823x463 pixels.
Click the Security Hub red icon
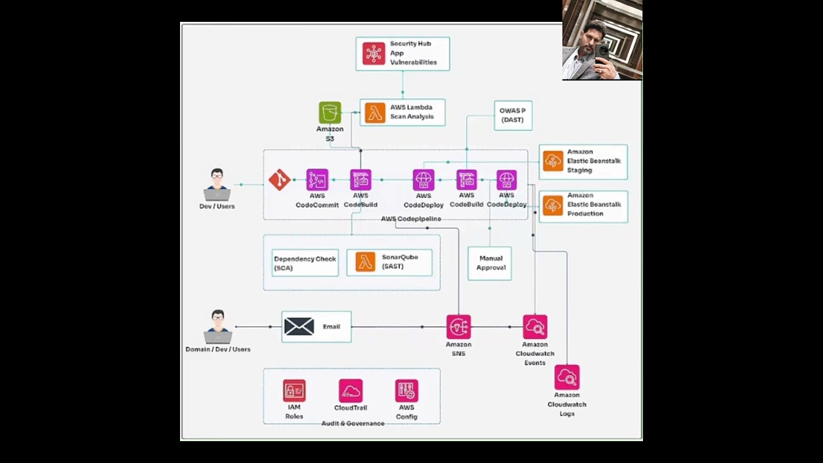[374, 53]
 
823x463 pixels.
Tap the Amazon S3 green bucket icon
[330, 113]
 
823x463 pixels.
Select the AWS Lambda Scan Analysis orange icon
[375, 113]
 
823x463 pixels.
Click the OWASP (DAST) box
[512, 116]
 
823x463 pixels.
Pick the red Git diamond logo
[279, 180]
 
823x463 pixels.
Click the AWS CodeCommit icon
[317, 180]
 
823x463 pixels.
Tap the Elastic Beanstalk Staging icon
[553, 161]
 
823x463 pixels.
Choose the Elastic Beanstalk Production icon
[553, 205]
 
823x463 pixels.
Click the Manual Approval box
[490, 263]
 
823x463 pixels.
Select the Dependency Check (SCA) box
[305, 263]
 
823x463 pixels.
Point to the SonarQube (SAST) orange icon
[365, 262]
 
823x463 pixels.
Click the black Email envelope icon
[299, 327]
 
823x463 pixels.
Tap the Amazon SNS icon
[458, 327]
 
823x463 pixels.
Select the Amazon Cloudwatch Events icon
[535, 327]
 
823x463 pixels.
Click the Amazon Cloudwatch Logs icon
[567, 377]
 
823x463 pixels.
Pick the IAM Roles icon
[294, 390]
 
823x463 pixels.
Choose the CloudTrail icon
[350, 390]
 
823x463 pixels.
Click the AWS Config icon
[406, 390]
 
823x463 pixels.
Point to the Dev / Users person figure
[217, 185]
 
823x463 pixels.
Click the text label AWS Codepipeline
[411, 219]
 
